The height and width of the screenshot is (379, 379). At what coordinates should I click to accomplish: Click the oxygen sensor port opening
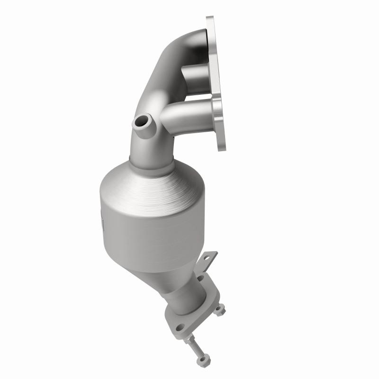(141, 123)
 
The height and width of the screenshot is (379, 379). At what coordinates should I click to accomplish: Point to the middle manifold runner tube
(194, 74)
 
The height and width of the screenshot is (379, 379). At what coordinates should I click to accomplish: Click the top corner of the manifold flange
(209, 19)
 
